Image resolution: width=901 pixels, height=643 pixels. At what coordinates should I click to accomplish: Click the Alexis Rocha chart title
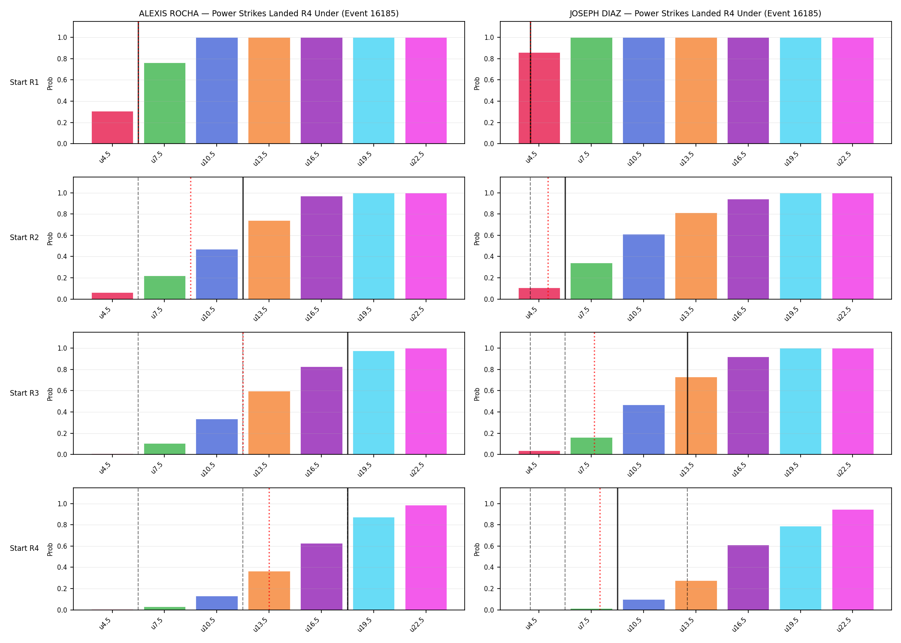click(269, 14)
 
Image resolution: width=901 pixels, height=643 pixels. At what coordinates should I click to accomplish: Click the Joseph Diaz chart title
click(695, 14)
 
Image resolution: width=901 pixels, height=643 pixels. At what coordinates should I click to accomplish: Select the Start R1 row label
click(24, 82)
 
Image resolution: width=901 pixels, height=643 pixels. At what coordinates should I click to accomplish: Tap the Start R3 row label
click(24, 393)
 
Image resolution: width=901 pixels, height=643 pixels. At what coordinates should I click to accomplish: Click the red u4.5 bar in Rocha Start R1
click(112, 128)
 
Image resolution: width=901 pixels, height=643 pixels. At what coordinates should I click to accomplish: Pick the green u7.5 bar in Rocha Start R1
click(165, 103)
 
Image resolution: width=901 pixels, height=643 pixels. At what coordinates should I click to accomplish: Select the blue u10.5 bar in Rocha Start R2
click(217, 274)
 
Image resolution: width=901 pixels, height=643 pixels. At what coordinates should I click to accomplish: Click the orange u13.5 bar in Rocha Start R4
click(269, 591)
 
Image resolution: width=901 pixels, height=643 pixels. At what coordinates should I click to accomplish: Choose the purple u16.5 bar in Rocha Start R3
click(321, 411)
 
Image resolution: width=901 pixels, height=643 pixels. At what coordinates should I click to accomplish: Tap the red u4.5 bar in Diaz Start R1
click(539, 98)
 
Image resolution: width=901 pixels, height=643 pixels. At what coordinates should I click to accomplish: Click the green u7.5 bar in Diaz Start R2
click(591, 281)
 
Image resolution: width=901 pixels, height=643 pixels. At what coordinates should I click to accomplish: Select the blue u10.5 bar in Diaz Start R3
click(644, 430)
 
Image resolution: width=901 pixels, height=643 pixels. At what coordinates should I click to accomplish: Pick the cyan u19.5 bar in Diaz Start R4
click(801, 568)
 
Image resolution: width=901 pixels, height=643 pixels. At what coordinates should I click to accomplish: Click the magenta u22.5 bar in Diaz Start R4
click(853, 560)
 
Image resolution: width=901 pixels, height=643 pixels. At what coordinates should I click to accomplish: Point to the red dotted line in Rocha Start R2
click(190, 238)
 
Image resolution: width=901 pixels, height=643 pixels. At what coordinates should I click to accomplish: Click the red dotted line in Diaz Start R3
click(594, 393)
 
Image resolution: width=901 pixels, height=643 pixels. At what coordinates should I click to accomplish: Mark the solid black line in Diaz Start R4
click(617, 549)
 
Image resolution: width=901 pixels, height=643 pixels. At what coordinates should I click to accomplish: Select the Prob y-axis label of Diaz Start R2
click(477, 238)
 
